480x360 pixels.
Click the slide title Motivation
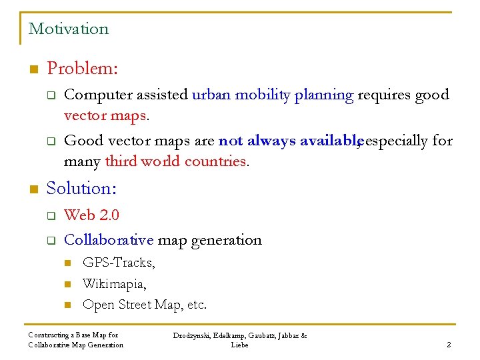click(x=68, y=29)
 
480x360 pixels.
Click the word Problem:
click(x=83, y=69)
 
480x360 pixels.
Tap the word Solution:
click(x=81, y=189)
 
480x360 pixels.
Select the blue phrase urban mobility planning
click(x=272, y=95)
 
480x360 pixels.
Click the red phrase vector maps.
click(x=105, y=116)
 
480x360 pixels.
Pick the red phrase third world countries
click(x=176, y=161)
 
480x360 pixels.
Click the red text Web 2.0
click(x=91, y=215)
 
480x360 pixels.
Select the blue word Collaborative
click(x=109, y=239)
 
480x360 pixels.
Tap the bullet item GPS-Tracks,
click(x=119, y=262)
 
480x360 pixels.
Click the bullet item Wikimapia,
click(x=114, y=283)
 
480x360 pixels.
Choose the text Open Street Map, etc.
click(x=144, y=305)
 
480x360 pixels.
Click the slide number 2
click(x=449, y=345)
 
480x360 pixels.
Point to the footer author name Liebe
click(x=239, y=345)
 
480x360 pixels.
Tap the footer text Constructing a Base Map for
click(x=73, y=335)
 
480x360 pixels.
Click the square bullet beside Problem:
click(x=31, y=69)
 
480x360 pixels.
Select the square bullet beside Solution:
click(x=31, y=189)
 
